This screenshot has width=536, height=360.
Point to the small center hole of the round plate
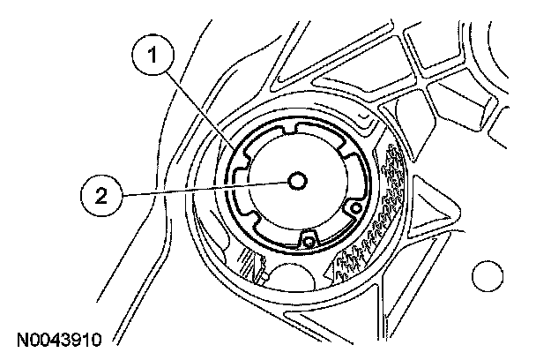point(297,180)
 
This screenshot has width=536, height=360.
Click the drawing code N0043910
point(59,338)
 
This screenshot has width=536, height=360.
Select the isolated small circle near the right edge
point(486,277)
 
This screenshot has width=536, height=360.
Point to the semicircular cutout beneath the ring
point(295,269)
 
